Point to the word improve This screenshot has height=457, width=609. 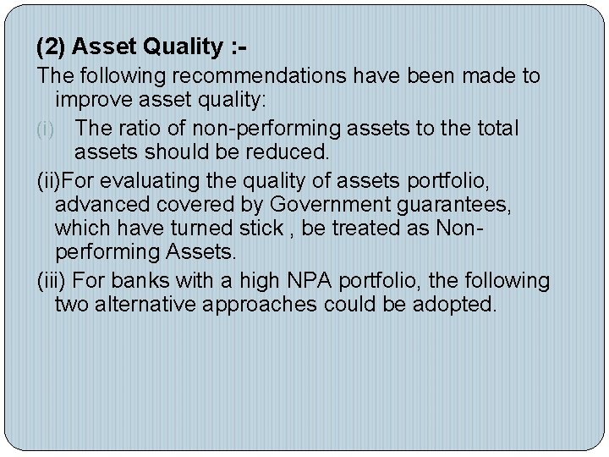click(x=90, y=102)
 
